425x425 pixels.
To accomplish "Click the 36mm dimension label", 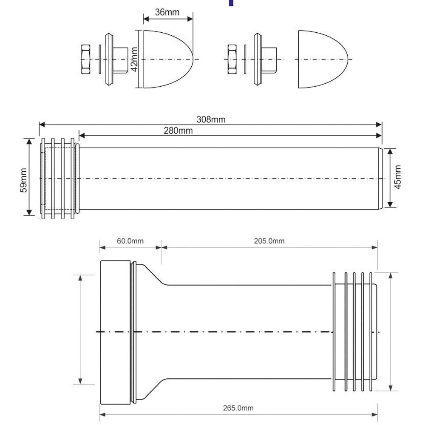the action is (x=167, y=12).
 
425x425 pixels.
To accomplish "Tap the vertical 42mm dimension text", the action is (x=134, y=59).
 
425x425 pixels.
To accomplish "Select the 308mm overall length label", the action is (x=211, y=119).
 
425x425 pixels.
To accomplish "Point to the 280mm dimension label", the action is (x=178, y=130).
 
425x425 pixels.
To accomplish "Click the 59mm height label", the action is (x=23, y=180).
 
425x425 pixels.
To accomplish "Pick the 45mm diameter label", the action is (x=397, y=177).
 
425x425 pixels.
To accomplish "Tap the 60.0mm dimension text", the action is (x=130, y=241).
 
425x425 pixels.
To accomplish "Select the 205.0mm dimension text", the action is (x=269, y=241).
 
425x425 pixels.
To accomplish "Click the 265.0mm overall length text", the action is (x=238, y=408).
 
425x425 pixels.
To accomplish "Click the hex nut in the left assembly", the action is (x=86, y=59).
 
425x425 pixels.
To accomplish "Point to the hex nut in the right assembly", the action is (x=232, y=59).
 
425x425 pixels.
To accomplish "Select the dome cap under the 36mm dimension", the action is (x=168, y=59).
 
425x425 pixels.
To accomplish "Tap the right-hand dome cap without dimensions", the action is (x=323, y=59).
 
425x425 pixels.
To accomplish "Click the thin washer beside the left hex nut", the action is (x=100, y=59).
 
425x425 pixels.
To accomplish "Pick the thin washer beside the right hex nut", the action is (x=245, y=59).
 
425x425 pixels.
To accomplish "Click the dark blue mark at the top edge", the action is (x=231, y=3).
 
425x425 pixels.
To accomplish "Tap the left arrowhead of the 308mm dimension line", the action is (x=42, y=125).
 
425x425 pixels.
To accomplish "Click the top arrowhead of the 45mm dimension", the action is (x=390, y=152).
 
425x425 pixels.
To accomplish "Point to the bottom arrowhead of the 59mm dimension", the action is (x=29, y=212).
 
